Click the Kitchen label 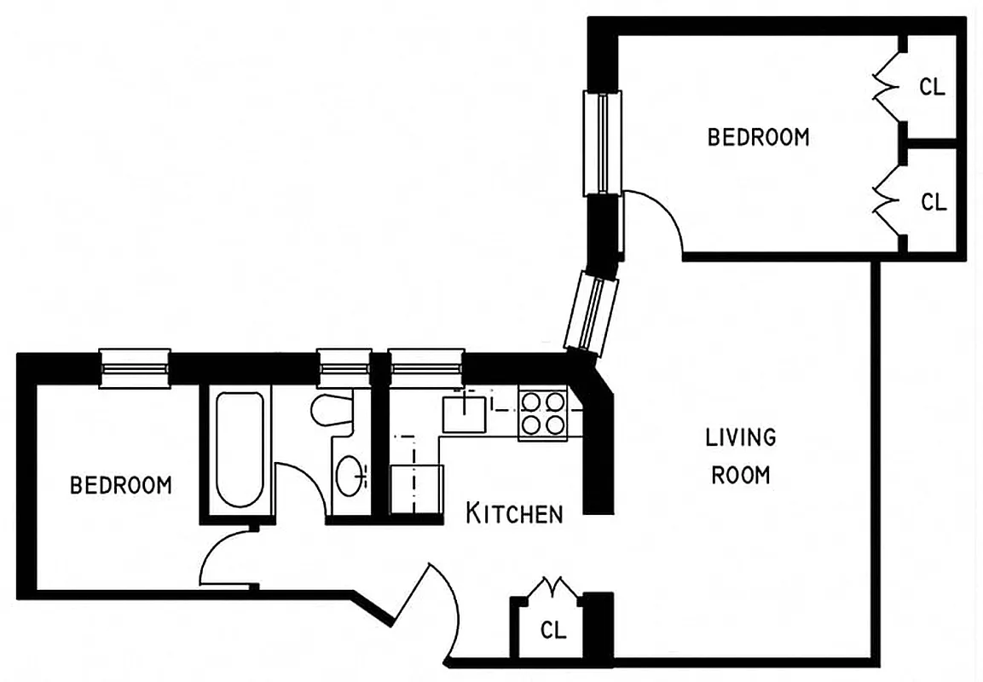coord(514,513)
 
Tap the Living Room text coord(740,456)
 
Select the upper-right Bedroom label coord(758,136)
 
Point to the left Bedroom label coord(120,485)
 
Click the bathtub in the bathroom coord(239,449)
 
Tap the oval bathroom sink coord(350,476)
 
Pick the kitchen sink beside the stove coord(465,413)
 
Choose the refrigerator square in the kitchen coord(416,489)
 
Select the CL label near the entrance coord(554,631)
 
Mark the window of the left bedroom coord(135,368)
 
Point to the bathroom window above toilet coord(344,368)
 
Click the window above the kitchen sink coord(426,368)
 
